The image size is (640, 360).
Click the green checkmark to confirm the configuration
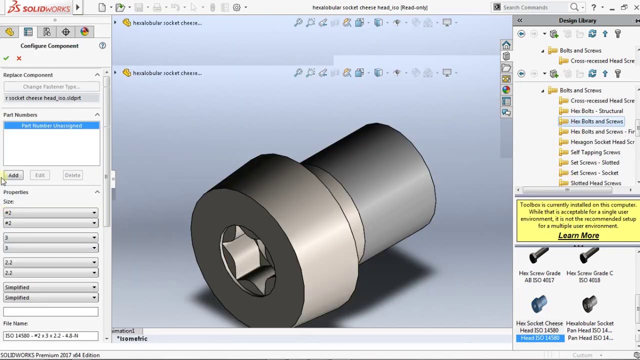point(6,58)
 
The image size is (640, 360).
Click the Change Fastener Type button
point(51,86)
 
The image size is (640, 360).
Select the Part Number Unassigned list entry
point(51,125)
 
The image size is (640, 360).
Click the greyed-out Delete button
point(72,175)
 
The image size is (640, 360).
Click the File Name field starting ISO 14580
point(50,335)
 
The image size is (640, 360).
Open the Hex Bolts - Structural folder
point(596,111)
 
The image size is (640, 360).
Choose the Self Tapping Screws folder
point(595,152)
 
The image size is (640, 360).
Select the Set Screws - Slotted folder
point(594,162)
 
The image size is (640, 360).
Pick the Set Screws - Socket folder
point(594,173)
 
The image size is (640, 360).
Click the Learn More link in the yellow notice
point(578,235)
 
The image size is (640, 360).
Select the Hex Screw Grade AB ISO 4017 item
point(539,265)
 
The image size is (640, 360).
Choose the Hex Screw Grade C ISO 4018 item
point(589,265)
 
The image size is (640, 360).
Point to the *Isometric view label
point(132,338)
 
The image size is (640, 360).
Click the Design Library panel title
point(577,20)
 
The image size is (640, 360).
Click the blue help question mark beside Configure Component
point(102,45)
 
